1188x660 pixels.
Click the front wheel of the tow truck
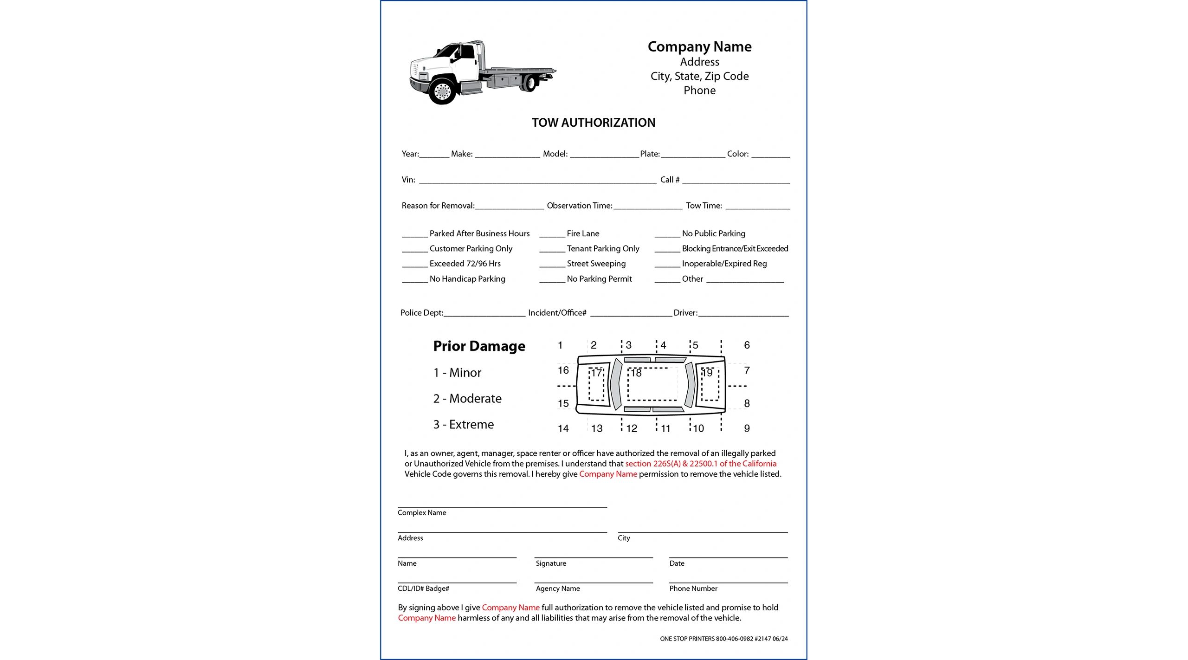click(442, 91)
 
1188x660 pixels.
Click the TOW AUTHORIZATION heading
click(593, 123)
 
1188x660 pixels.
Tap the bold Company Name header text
click(699, 46)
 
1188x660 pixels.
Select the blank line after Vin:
click(537, 181)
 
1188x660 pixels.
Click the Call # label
click(670, 180)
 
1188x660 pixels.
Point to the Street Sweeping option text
click(596, 264)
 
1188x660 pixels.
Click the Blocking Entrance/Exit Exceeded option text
click(735, 249)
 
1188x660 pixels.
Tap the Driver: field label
click(685, 313)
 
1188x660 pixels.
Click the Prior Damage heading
click(479, 346)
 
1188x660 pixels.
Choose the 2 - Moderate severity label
click(467, 399)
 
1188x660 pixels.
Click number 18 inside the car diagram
click(636, 373)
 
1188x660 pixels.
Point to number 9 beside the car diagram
click(747, 428)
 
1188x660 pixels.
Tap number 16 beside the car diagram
click(563, 370)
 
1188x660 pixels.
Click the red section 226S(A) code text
click(652, 464)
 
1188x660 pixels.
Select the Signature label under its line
click(551, 563)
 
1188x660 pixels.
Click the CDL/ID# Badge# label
click(423, 589)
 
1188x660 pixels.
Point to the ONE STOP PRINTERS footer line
click(723, 639)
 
